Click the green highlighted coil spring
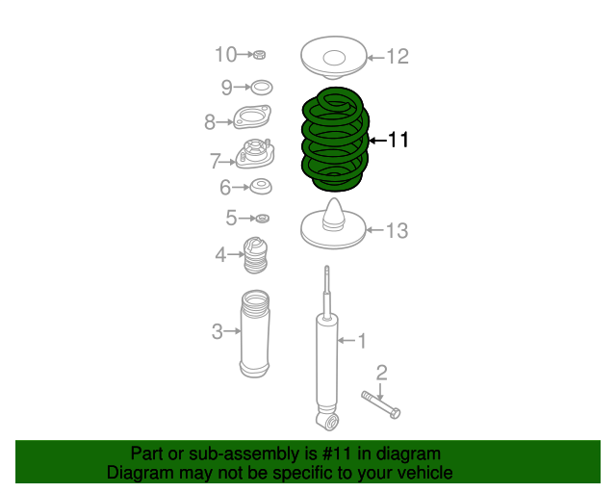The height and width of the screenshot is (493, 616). pyautogui.click(x=334, y=139)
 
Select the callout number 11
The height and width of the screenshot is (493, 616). pyautogui.click(x=398, y=141)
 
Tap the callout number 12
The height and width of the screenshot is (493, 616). pyautogui.click(x=398, y=57)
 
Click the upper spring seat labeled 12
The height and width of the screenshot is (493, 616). pyautogui.click(x=334, y=56)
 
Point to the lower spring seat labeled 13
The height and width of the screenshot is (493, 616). pyautogui.click(x=334, y=225)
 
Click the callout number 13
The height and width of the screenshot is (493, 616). pyautogui.click(x=398, y=231)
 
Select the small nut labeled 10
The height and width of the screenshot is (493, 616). pyautogui.click(x=260, y=54)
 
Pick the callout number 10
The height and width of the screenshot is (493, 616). pyautogui.click(x=224, y=54)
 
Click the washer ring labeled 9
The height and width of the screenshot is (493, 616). pyautogui.click(x=261, y=88)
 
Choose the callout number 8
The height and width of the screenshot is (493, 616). pyautogui.click(x=210, y=122)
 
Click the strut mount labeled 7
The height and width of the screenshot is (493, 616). pyautogui.click(x=255, y=157)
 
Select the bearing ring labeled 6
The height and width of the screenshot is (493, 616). pyautogui.click(x=260, y=186)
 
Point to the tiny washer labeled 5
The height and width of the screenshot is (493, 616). pyautogui.click(x=262, y=219)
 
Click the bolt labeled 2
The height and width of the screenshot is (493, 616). pyautogui.click(x=381, y=403)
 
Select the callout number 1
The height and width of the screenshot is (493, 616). pyautogui.click(x=362, y=340)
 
